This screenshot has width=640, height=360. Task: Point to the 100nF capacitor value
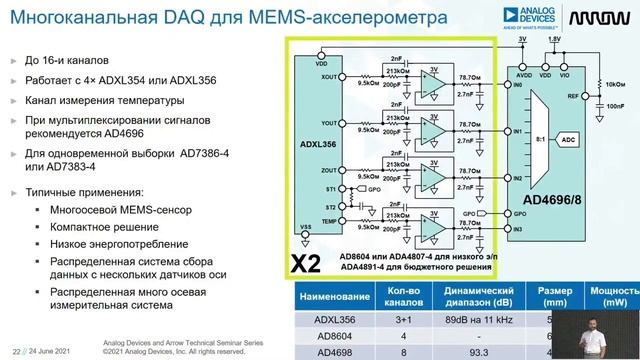(617, 104)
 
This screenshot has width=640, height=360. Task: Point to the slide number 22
(17, 349)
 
